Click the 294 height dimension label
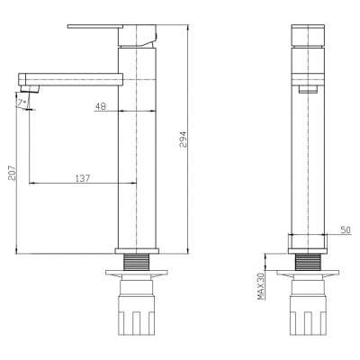[x=183, y=139]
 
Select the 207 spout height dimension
[x=12, y=173]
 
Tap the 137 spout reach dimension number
[x=83, y=178]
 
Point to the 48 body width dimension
[x=101, y=106]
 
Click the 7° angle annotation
[x=22, y=103]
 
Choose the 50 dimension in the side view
[x=346, y=230]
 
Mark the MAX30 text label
[x=261, y=286]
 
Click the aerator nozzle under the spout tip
[x=30, y=89]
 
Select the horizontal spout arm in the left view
[x=71, y=79]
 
